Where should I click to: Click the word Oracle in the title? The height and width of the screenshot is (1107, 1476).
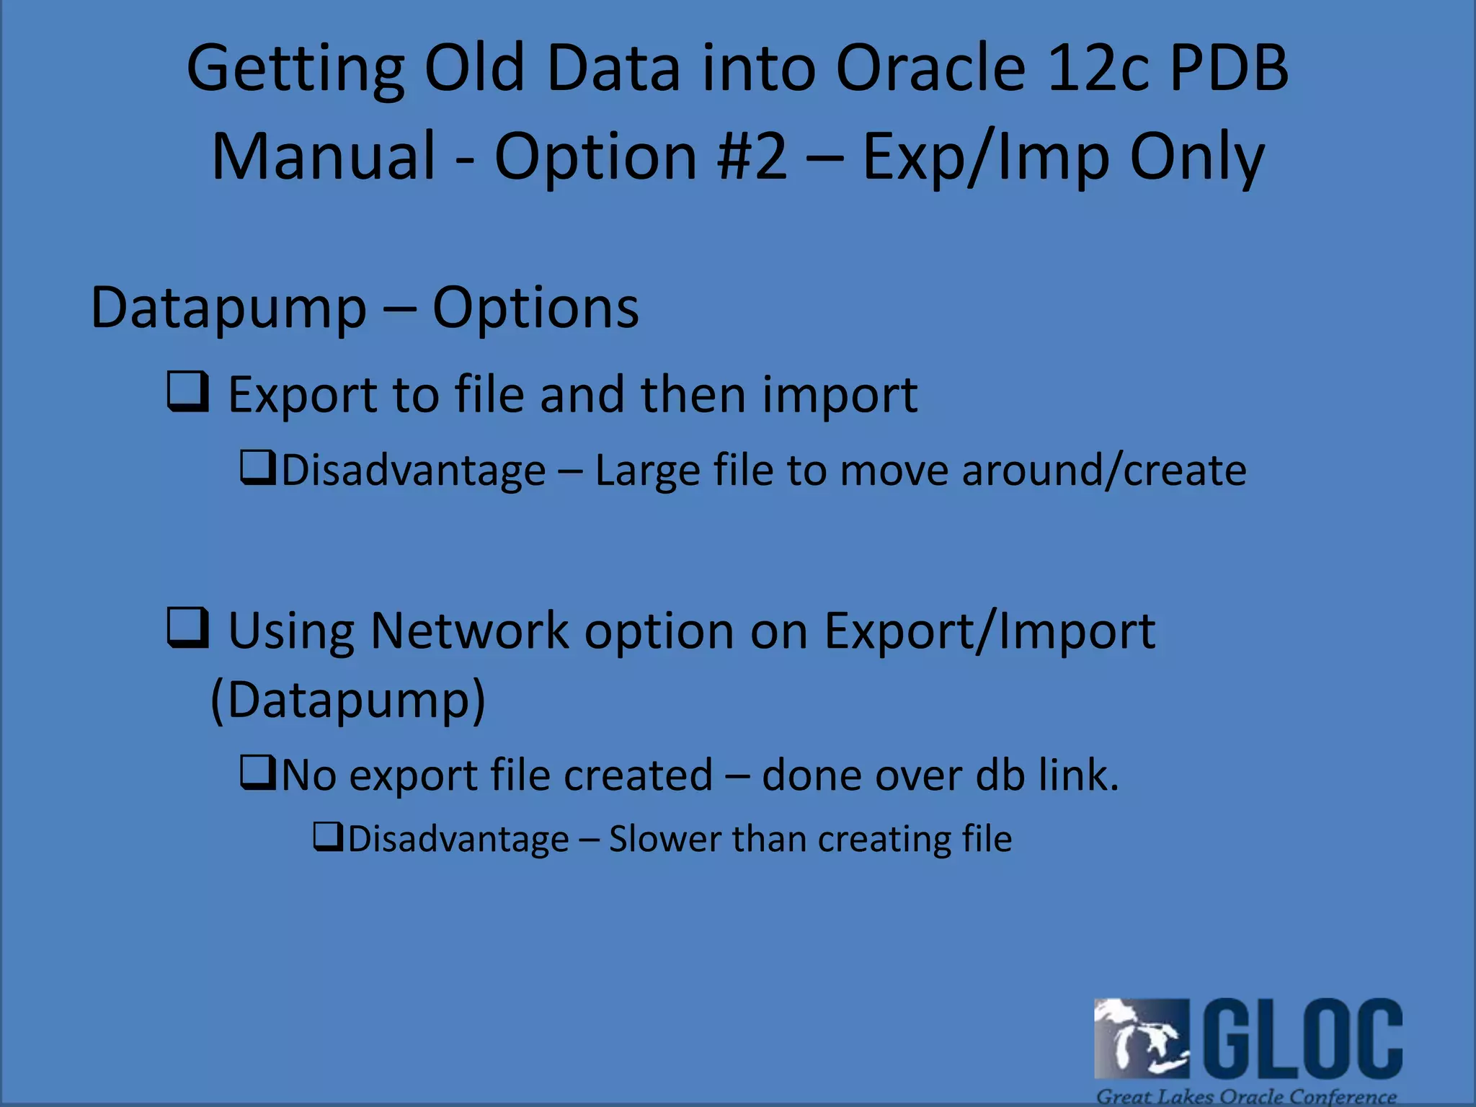(930, 68)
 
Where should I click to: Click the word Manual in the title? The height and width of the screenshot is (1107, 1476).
(324, 156)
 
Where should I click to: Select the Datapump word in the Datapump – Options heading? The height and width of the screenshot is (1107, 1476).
(228, 308)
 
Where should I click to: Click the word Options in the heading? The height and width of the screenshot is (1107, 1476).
(535, 308)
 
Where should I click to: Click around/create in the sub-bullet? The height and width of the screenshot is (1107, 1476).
(1103, 471)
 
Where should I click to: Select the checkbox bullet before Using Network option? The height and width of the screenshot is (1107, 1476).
(188, 627)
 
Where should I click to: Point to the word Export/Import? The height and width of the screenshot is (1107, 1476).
(990, 631)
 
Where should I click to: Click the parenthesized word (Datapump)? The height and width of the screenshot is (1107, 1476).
(348, 699)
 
